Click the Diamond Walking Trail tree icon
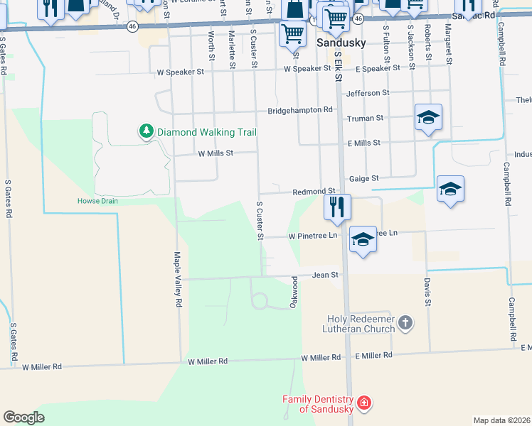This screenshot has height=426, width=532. (146, 131)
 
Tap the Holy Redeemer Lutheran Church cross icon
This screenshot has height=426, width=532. (405, 324)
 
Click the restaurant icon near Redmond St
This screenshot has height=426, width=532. (337, 207)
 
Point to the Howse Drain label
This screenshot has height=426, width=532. (97, 201)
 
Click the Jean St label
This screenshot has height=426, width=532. (322, 274)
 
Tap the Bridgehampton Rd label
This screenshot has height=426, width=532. (300, 110)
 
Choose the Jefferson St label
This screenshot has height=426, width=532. (368, 93)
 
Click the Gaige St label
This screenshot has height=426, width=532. (363, 179)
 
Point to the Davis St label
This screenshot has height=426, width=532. (428, 292)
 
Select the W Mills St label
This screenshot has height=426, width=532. (216, 153)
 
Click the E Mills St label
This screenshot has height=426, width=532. (364, 143)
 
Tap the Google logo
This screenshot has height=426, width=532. (23, 417)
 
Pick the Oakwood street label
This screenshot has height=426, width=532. (292, 292)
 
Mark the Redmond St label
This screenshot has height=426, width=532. (314, 192)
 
